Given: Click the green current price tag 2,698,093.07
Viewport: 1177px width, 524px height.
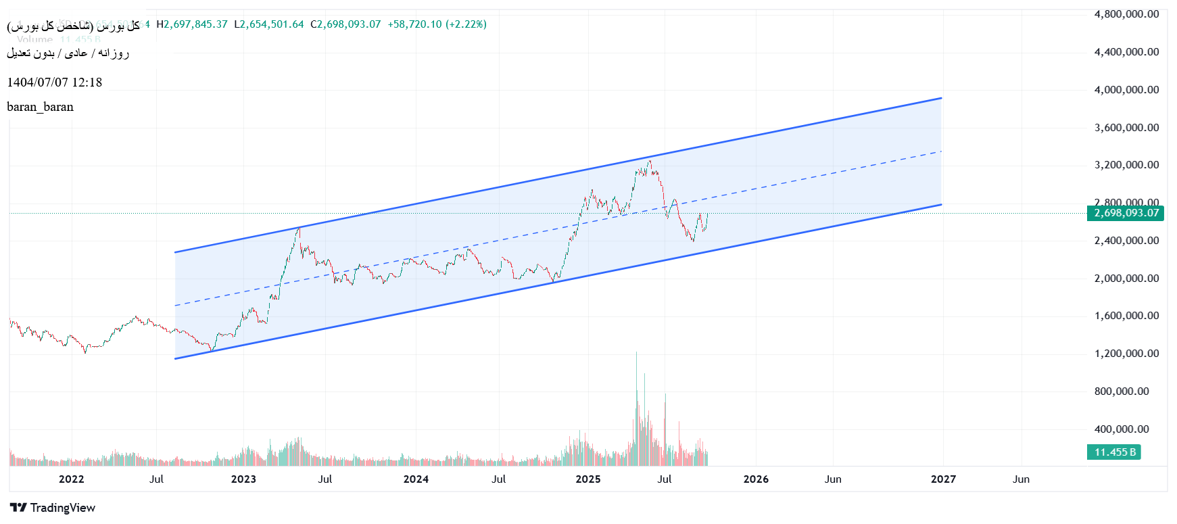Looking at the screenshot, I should pos(1126,213).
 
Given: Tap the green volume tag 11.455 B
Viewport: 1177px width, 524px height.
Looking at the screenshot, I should pos(1114,452).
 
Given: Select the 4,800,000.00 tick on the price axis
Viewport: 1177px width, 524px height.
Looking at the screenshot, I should pos(1126,14).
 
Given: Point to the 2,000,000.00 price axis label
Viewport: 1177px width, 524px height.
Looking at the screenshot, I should pos(1126,278).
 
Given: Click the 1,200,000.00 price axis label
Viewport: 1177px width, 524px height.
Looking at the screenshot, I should pos(1126,354).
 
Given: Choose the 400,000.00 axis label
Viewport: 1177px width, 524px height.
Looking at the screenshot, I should pos(1122,429).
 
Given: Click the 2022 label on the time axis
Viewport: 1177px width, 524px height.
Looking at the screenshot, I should pos(71,479).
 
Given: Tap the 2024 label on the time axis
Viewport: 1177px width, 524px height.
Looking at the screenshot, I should pos(416,479).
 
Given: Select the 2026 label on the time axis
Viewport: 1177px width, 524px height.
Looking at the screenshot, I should pos(756,479).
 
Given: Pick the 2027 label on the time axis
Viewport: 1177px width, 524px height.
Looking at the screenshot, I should pos(943,479).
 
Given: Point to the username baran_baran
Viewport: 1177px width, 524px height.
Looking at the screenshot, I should pos(40,107).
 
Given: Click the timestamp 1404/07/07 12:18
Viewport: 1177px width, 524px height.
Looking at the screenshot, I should pos(55,82).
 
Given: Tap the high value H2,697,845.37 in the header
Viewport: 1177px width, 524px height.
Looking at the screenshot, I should pos(192,24).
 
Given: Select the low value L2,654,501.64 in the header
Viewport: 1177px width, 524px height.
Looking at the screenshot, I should pos(269,24).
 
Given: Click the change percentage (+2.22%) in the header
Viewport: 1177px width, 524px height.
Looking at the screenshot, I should pos(466,24).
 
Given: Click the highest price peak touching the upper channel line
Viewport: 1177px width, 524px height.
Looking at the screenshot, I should pos(650,161).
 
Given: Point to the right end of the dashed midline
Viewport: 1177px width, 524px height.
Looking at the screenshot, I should pos(941,151).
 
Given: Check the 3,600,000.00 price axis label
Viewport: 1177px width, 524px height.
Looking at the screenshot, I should pos(1126,127).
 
